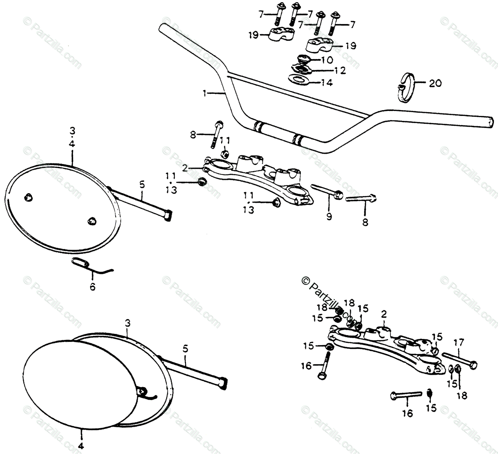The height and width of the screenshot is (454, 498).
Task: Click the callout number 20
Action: [435, 83]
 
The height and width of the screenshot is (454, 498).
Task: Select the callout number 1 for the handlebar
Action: [204, 94]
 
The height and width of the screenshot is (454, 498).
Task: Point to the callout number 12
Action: [340, 71]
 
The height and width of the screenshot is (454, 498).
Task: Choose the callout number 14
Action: [327, 83]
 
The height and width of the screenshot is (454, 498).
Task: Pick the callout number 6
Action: [92, 287]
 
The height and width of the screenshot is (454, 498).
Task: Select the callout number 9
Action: [329, 216]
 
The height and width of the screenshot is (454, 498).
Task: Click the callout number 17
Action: [458, 344]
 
